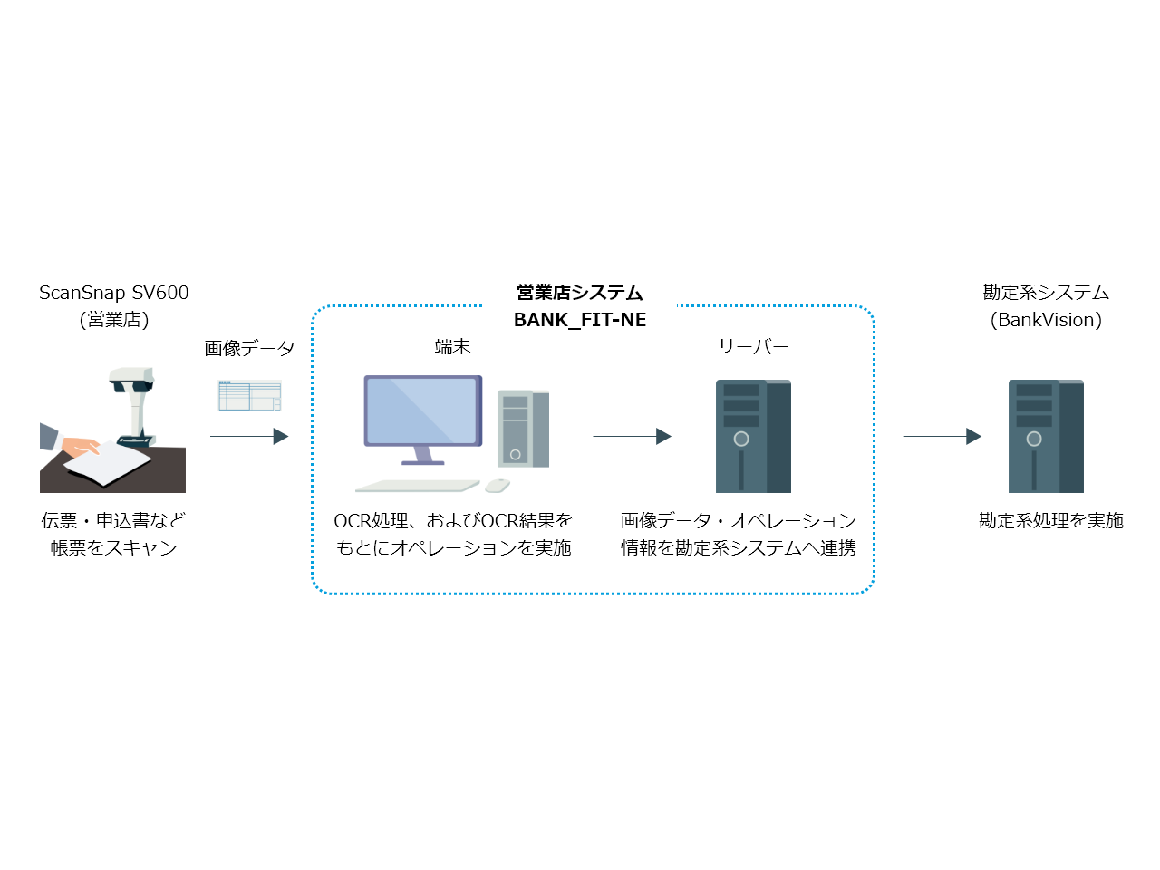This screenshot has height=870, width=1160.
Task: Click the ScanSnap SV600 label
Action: point(114,293)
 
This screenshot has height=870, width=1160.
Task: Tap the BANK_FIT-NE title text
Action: point(580,320)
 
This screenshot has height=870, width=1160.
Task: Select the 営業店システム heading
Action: point(580,293)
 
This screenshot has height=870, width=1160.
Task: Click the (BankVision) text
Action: point(1046,320)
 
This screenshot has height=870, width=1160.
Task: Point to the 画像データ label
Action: point(249,348)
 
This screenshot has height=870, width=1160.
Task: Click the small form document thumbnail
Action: point(249,395)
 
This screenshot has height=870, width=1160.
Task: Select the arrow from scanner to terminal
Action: point(249,436)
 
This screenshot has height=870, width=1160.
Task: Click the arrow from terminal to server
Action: point(632,436)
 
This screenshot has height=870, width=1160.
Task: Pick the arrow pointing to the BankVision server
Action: point(942,436)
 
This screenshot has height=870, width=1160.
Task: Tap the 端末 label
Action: point(452,347)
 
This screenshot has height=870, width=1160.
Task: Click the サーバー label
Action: point(752,347)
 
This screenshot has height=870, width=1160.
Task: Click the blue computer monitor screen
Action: point(421,410)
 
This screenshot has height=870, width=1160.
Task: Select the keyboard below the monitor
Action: point(417,486)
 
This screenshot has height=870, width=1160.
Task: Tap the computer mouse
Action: point(497,486)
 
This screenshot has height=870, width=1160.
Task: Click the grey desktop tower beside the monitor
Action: point(523,429)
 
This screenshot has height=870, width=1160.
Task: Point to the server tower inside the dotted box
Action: point(753,436)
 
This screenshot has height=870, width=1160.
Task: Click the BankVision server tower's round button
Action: point(1034,439)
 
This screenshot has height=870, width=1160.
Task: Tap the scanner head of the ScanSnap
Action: point(131,380)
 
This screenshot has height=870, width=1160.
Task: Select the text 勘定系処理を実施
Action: point(1050,520)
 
